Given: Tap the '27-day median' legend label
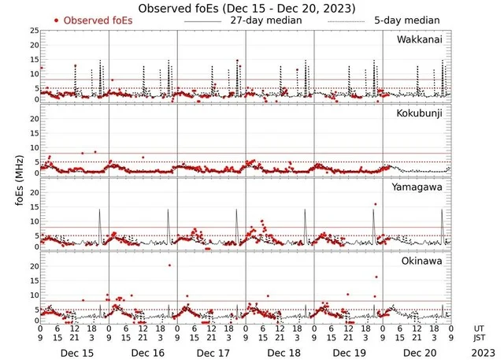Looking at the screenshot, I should point(267,20).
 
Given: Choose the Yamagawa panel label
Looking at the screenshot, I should point(419,187).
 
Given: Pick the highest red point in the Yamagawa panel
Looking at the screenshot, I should point(376,204).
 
